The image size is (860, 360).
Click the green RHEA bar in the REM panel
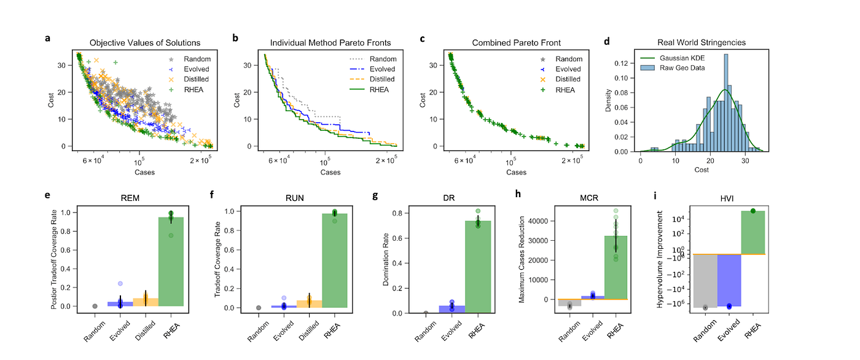coord(171,261)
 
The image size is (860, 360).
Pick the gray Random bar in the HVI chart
coord(705,280)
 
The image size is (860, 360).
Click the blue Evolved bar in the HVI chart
coord(729,280)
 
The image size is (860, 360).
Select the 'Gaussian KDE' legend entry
coord(683,58)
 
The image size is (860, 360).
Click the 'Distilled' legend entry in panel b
coord(381,79)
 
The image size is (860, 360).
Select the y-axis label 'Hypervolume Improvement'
coord(660,259)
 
